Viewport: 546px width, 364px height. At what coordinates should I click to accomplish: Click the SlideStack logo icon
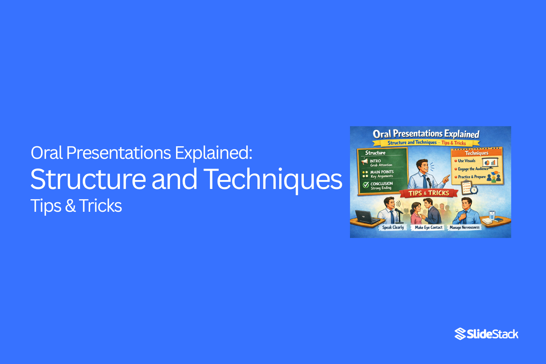point(460,334)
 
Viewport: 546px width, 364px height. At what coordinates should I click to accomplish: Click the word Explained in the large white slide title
point(213,153)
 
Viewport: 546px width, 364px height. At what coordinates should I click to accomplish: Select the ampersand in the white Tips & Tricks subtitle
point(70,206)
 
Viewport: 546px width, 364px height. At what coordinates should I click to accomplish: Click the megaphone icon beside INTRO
point(365,161)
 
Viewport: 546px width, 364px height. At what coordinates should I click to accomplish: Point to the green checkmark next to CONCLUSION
point(366,185)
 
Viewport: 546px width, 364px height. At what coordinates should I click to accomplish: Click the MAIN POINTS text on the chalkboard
point(382,172)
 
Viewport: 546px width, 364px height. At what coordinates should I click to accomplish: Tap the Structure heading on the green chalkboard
point(375,153)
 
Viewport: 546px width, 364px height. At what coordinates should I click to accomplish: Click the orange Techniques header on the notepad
point(477,153)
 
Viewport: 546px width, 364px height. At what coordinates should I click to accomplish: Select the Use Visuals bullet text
point(467,161)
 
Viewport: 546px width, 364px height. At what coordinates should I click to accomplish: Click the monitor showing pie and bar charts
point(490,163)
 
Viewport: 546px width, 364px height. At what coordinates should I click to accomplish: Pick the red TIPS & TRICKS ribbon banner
point(429,193)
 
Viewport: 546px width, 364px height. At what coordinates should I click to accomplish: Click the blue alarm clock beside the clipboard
point(474,190)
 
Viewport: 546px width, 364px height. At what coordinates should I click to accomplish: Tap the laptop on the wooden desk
point(364,217)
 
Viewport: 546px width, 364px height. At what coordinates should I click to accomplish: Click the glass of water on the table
point(492,215)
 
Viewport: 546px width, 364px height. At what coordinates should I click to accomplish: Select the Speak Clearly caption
point(393,227)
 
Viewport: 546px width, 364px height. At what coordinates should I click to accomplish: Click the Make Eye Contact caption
point(429,227)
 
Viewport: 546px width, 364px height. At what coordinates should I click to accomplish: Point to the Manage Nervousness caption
point(464,227)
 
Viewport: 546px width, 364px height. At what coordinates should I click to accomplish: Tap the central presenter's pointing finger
point(447,177)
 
